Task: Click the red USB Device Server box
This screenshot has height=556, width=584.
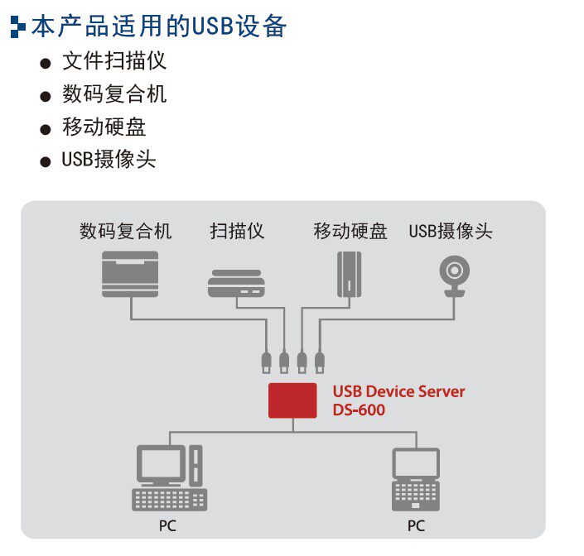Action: pos(292,400)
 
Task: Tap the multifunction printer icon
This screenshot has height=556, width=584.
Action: pos(129,275)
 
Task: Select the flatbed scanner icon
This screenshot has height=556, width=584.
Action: pos(236,283)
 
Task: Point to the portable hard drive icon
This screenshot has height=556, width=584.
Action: pos(350,273)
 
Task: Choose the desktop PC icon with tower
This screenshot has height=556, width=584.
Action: pos(169,477)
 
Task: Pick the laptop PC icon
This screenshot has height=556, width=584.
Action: pos(415,479)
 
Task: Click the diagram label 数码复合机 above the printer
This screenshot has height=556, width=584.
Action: pos(125,231)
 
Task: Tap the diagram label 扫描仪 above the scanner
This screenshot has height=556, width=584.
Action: pos(237,231)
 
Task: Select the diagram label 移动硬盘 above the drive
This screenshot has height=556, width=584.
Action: pos(350,231)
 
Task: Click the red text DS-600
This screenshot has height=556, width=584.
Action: pos(359,410)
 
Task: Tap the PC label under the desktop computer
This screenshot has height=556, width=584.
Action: pos(167,525)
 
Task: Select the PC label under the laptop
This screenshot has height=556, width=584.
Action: pos(415,525)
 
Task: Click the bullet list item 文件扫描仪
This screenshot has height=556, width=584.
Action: pos(114,62)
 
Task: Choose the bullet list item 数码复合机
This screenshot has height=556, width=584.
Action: pos(114,94)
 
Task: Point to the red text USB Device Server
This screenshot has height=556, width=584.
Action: pos(398,391)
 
